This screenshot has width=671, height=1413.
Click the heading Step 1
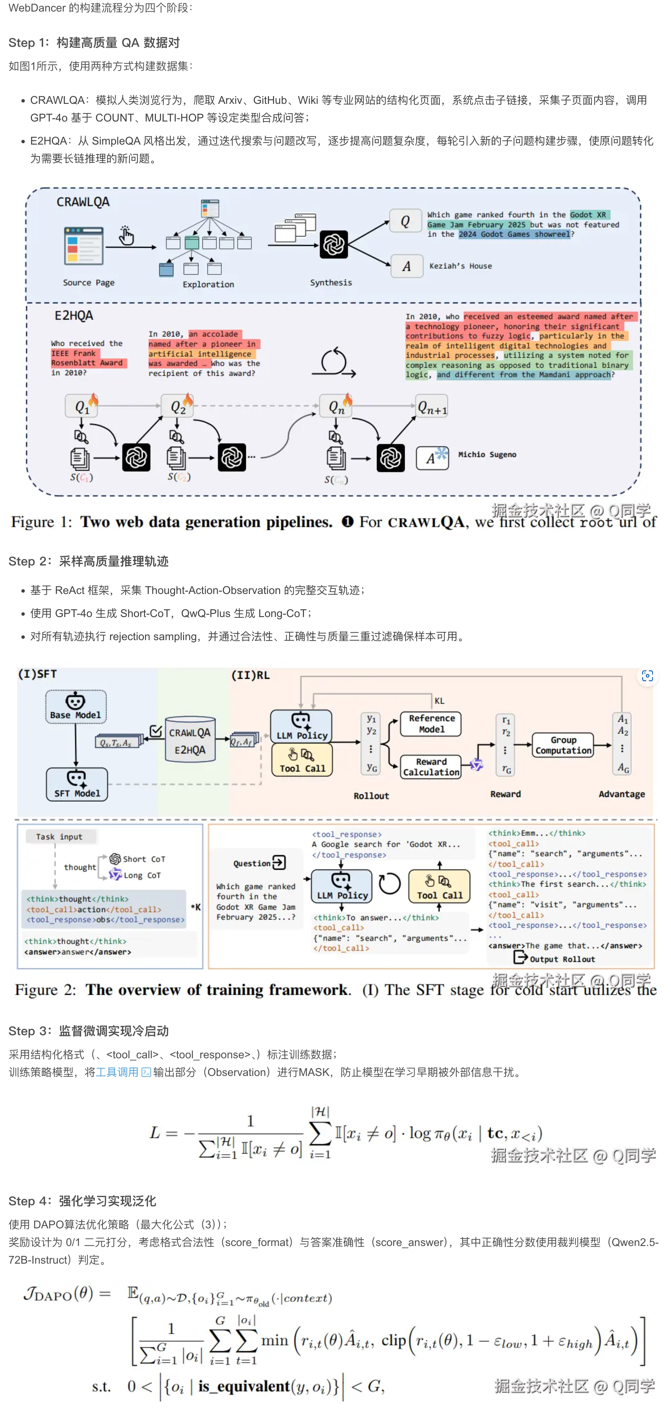[94, 43]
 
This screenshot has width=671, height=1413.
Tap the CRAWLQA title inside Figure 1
[83, 202]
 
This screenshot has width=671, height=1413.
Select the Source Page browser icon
[84, 246]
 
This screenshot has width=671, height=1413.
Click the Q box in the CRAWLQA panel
[405, 221]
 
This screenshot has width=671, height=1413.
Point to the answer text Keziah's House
[460, 266]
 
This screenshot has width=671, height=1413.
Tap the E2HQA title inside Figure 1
[74, 315]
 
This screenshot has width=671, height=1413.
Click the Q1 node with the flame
[82, 407]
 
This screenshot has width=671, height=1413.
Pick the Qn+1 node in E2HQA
[432, 407]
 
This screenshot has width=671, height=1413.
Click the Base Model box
[76, 707]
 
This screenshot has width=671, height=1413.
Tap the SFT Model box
[77, 784]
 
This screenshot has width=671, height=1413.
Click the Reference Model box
[431, 724]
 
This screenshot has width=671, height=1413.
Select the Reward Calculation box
[431, 767]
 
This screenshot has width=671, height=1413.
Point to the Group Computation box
[563, 745]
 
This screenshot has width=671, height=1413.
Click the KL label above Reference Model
[439, 701]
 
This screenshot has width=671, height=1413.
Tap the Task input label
[59, 837]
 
